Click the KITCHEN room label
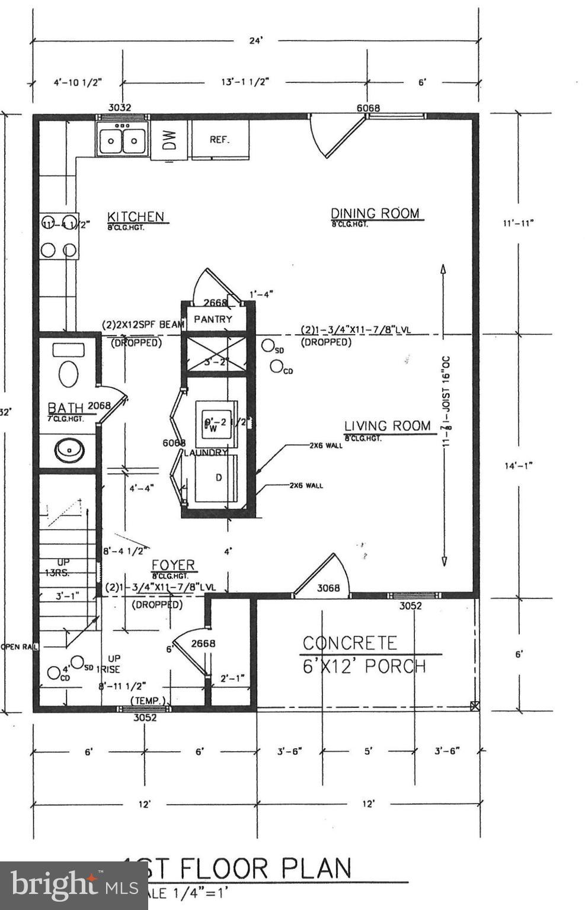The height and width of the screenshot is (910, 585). [x=135, y=216]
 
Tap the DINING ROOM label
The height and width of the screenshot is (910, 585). [x=375, y=213]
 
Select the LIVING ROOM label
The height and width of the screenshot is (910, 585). [x=387, y=425]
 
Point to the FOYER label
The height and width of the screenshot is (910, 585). [x=173, y=565]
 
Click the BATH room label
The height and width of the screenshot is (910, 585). [x=65, y=408]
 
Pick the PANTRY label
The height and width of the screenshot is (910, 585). [x=213, y=319]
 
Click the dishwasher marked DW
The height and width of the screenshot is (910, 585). [x=170, y=140]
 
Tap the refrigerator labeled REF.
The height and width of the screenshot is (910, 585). [x=219, y=140]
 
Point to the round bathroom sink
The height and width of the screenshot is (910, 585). [x=69, y=450]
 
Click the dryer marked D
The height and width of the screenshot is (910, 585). [x=218, y=478]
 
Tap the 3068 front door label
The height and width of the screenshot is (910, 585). [x=328, y=588]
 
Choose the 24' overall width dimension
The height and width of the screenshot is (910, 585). [x=255, y=41]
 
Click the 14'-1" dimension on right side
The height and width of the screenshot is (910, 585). [x=518, y=466]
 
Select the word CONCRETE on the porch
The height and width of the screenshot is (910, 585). [x=349, y=643]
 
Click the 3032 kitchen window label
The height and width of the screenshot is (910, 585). [x=120, y=107]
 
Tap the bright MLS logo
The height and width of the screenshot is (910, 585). [x=73, y=885]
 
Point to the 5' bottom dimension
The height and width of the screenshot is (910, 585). [x=368, y=751]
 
